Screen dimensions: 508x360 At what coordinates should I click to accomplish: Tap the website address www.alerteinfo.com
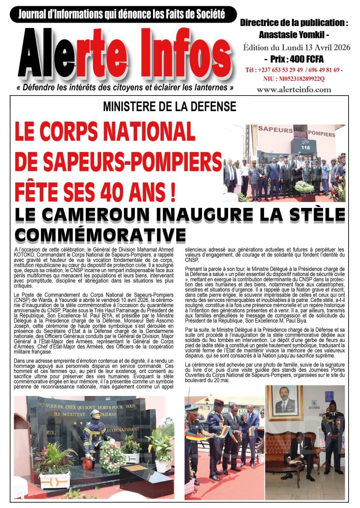pyautogui.click(x=294, y=90)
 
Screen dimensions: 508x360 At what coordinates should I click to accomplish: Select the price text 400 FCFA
pyautogui.click(x=307, y=59)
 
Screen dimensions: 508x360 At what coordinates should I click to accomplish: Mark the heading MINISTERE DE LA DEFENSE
pyautogui.click(x=170, y=107)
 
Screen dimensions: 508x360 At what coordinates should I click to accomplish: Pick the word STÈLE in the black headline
pyautogui.click(x=318, y=215)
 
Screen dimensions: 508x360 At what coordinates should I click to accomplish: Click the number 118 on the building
pyautogui.click(x=305, y=148)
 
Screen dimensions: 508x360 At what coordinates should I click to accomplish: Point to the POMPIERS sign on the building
pyautogui.click(x=322, y=134)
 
